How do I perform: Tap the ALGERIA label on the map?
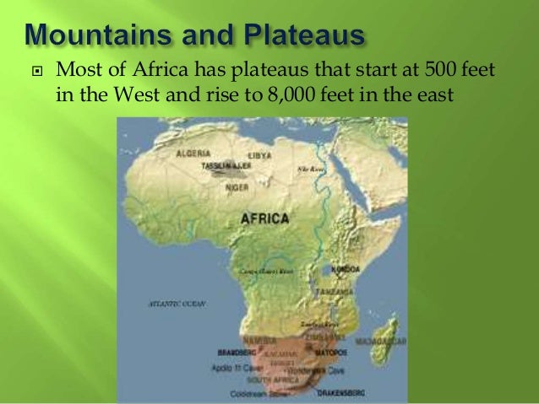coord(193,154)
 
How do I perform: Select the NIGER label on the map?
coord(237,188)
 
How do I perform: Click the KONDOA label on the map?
coord(347,269)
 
